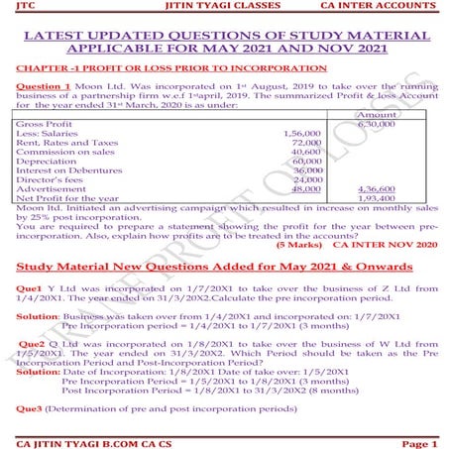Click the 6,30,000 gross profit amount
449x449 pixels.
[x=401, y=124]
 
